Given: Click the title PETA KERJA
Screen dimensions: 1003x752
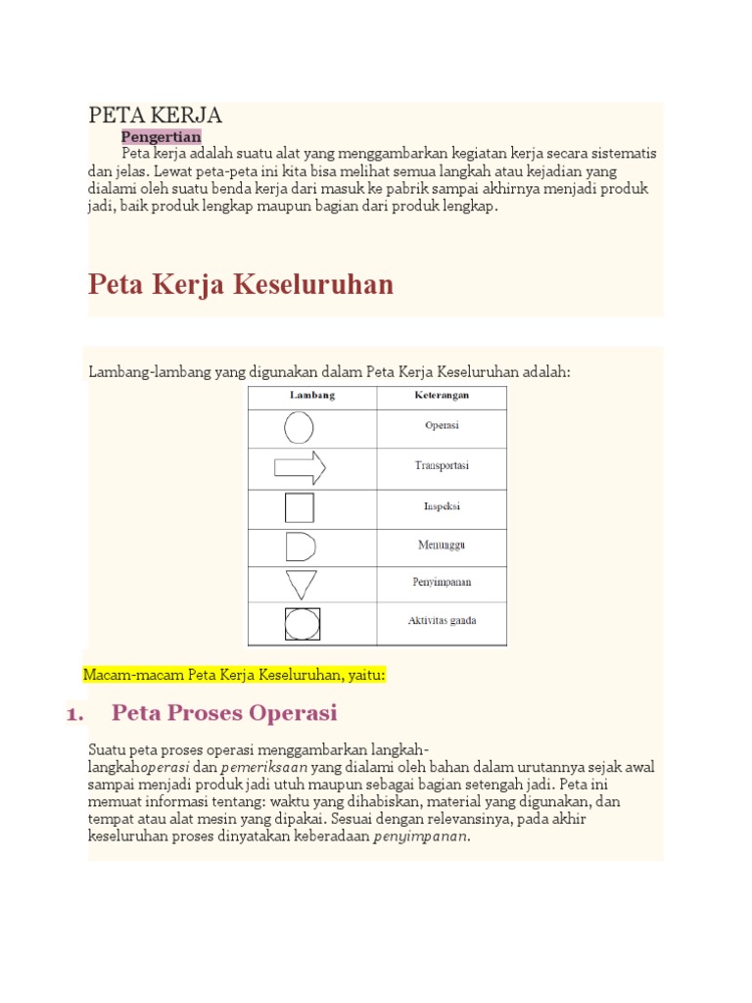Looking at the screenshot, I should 156,116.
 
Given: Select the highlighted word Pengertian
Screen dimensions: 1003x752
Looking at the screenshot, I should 161,136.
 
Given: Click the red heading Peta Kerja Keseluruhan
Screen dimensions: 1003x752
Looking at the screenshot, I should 241,285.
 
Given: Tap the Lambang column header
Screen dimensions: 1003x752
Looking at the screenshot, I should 311,396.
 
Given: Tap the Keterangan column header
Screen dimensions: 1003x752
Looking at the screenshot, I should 442,396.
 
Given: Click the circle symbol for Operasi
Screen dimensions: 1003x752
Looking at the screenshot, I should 299,427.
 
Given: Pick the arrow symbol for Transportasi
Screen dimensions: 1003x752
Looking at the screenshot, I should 300,468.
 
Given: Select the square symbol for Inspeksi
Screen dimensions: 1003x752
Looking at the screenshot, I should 300,507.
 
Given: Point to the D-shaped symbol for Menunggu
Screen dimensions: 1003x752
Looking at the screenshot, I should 300,548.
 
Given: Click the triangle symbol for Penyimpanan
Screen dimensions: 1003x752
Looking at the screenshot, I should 301,585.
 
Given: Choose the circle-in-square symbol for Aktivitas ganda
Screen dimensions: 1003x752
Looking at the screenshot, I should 301,624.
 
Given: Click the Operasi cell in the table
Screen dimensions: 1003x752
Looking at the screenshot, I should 443,426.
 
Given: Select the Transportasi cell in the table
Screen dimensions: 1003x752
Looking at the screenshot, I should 442,466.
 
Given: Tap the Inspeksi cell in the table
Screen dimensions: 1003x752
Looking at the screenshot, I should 443,507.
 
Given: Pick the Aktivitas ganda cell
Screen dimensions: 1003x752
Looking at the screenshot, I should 443,621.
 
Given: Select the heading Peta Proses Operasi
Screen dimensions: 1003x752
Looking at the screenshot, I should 224,712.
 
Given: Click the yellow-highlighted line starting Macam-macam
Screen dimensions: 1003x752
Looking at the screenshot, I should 235,675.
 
